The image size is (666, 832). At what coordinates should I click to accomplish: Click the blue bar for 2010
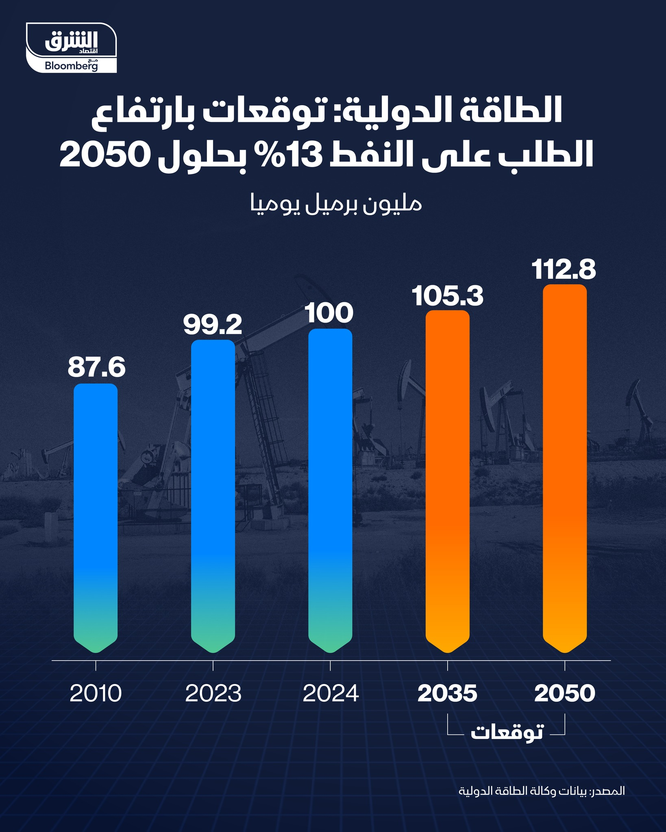tap(96, 516)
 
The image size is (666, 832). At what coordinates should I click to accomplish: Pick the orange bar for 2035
tap(447, 479)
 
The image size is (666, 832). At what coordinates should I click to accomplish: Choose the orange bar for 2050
tap(564, 467)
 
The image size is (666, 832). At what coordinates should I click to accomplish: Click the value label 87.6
tap(96, 368)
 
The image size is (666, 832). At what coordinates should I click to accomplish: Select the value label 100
tap(330, 313)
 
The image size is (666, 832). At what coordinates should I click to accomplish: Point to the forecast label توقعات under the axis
tap(507, 732)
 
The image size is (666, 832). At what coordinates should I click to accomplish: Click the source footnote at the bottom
tap(542, 791)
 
